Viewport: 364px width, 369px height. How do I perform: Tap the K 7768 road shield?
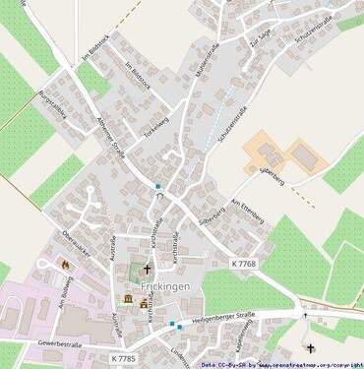pos(244,264)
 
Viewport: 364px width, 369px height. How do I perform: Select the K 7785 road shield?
pos(123,358)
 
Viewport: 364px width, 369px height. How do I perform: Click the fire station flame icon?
pos(66,264)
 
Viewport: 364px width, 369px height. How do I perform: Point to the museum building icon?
pos(129,299)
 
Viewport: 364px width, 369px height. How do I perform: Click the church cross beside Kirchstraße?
pos(148,268)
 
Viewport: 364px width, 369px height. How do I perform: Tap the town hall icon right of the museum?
pos(145,304)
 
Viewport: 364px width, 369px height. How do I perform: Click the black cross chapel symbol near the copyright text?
pos(311,347)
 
